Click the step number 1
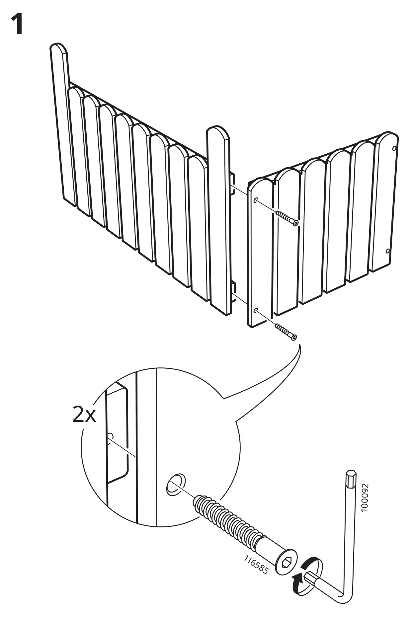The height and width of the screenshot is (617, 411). (17, 25)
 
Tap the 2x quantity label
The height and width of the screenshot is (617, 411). (84, 415)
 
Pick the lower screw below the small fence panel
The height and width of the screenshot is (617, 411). (286, 332)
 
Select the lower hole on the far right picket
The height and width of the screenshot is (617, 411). (388, 251)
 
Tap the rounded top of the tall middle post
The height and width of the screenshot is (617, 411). (218, 133)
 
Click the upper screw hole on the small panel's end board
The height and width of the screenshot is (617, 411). (256, 200)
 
